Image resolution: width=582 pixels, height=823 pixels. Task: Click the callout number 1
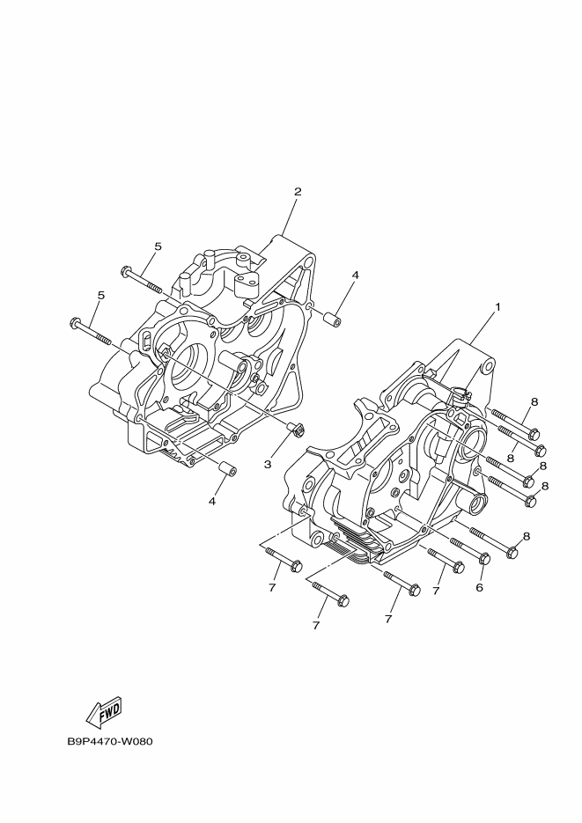pyautogui.click(x=497, y=306)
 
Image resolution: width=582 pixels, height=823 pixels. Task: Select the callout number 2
pyautogui.click(x=298, y=192)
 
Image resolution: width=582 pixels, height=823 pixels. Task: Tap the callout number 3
pyautogui.click(x=268, y=464)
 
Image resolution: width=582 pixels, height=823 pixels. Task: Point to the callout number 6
pyautogui.click(x=479, y=587)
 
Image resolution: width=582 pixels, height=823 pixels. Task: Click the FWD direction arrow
pyautogui.click(x=105, y=712)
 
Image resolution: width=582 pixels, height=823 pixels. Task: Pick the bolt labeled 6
pyautogui.click(x=470, y=549)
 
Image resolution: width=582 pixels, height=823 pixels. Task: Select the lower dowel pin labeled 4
pyautogui.click(x=227, y=467)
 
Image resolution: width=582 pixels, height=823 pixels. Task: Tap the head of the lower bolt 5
pyautogui.click(x=75, y=323)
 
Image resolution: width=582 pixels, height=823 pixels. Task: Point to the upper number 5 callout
pyautogui.click(x=157, y=246)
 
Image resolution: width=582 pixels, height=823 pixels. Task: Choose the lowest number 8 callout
pyautogui.click(x=527, y=536)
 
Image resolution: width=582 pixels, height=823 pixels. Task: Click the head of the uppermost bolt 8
pyautogui.click(x=534, y=435)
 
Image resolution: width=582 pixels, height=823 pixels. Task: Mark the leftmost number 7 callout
pyautogui.click(x=271, y=588)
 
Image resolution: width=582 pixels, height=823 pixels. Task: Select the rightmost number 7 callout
pyautogui.click(x=436, y=591)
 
